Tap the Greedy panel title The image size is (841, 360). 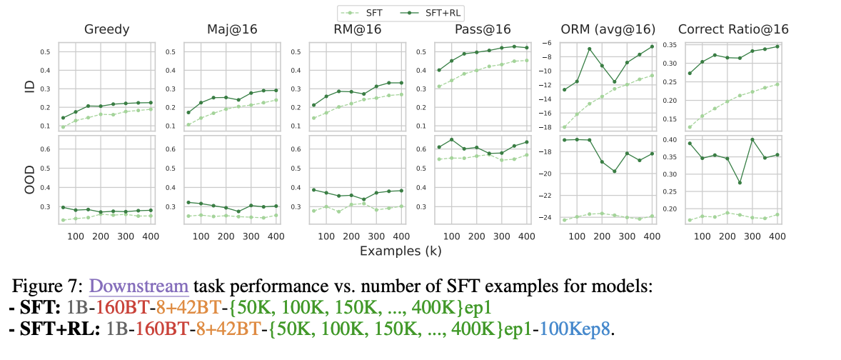[x=106, y=30]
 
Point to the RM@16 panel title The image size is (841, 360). [x=355, y=30]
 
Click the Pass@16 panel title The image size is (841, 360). [x=482, y=30]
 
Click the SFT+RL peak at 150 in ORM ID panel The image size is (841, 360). [x=589, y=49]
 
